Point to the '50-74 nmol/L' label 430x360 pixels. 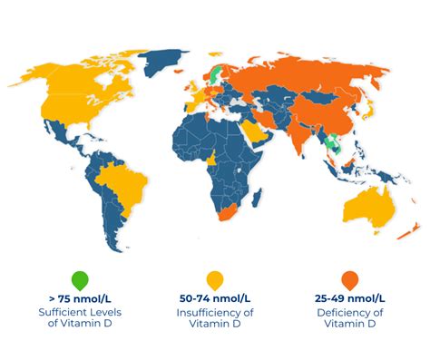click(x=215, y=297)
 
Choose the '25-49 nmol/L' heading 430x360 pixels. click(x=348, y=297)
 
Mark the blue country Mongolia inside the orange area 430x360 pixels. click(x=323, y=94)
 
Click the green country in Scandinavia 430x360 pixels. click(x=215, y=73)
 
